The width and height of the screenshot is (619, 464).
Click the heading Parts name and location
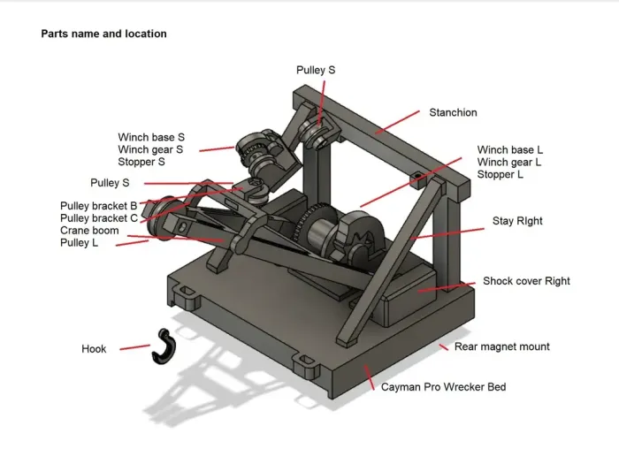103,34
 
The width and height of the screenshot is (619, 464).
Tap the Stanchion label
453,112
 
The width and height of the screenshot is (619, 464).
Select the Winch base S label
151,137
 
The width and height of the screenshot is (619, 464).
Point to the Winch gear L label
509,163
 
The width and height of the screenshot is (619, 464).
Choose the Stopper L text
501,175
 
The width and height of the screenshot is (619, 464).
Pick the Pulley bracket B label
98,206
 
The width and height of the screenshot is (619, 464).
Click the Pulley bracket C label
99,218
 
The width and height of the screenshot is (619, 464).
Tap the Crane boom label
89,231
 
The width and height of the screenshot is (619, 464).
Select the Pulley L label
79,243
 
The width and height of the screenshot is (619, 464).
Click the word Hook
94,349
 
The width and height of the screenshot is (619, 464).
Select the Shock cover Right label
526,281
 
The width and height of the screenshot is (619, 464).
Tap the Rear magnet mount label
501,346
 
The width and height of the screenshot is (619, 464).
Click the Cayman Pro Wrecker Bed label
443,387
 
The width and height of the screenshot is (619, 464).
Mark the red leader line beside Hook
134,347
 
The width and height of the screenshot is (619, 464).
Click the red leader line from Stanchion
397,122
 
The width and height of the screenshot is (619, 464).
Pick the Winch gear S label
150,149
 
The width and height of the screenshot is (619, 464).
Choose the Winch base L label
510,150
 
